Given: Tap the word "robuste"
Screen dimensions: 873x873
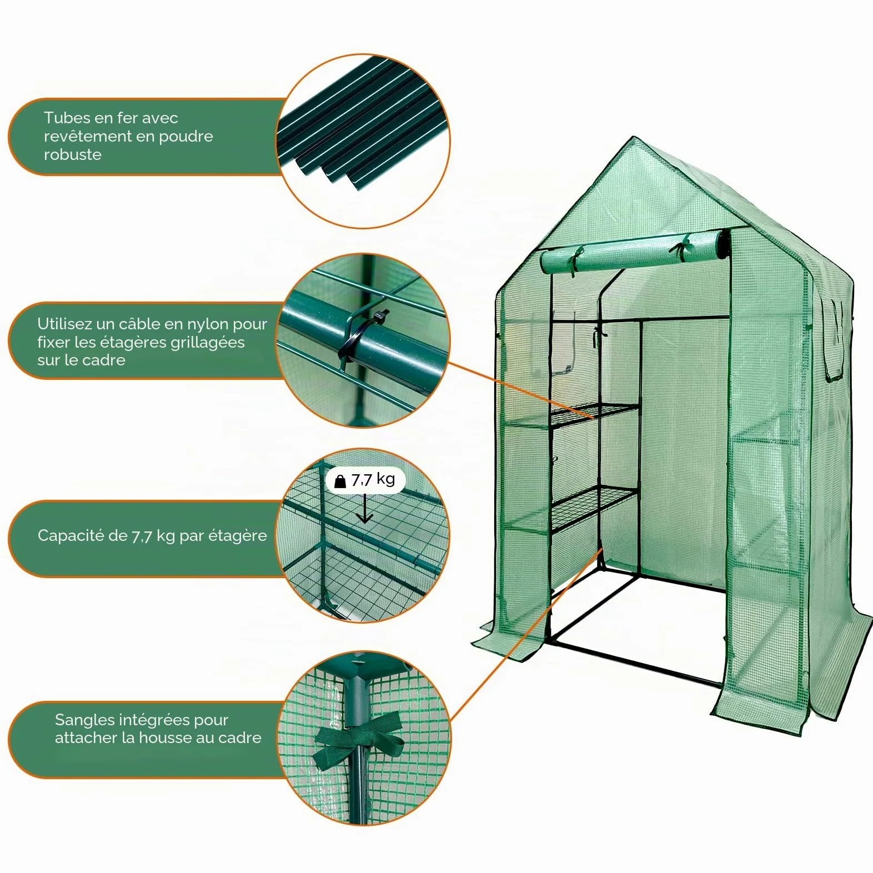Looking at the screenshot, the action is coord(73,154).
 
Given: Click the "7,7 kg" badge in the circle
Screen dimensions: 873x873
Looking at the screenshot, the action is coord(365,480).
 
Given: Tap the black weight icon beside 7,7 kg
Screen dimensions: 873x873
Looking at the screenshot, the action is coord(340,481).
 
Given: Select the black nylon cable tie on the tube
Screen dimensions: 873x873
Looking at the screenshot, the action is coord(361,338).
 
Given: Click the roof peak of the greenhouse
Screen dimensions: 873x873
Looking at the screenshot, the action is coord(633,137).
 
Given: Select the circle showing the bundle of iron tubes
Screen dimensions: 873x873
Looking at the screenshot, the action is coord(364,141).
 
